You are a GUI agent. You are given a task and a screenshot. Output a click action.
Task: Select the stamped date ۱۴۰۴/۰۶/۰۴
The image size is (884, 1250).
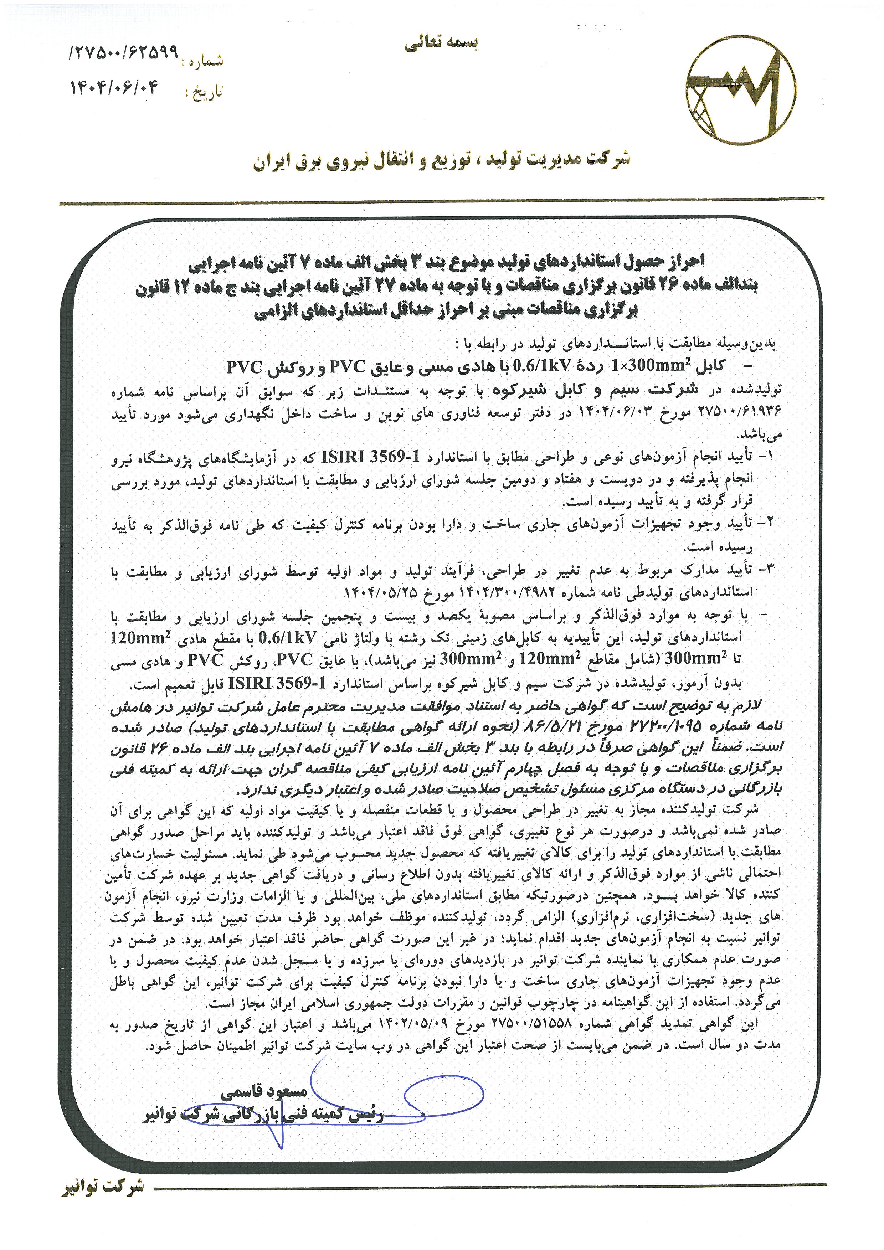(x=114, y=87)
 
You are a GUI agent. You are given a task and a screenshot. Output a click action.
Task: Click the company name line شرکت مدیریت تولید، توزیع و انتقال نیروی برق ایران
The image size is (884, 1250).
(x=441, y=161)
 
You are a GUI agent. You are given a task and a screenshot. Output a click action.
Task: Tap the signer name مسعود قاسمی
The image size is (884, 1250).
(x=264, y=1092)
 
